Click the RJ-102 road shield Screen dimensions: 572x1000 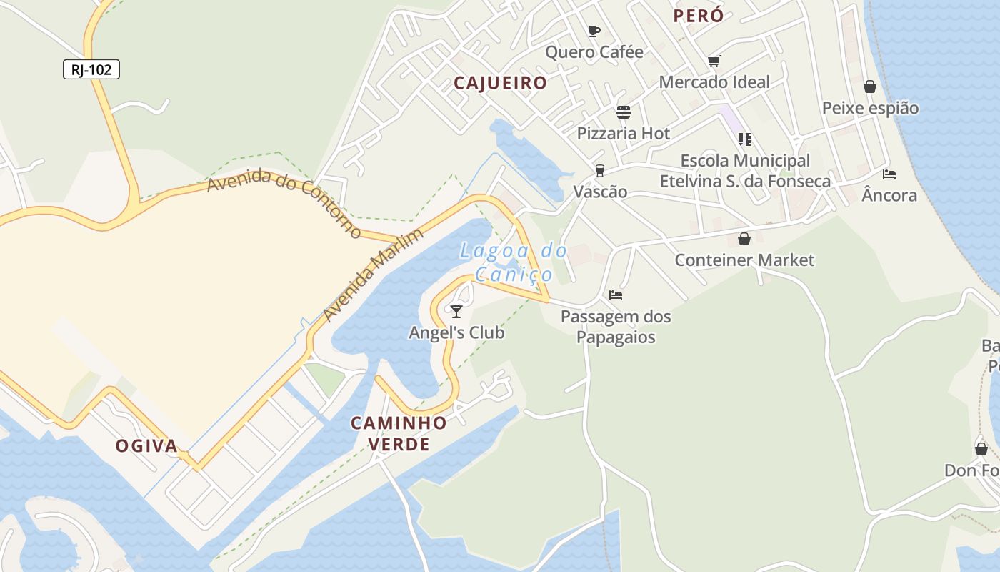91,69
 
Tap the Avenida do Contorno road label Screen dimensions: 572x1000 284,202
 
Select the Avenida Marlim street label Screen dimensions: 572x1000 373,275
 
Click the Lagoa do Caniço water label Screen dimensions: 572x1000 514,262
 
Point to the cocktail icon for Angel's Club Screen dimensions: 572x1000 456,311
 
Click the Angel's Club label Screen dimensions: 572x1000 456,332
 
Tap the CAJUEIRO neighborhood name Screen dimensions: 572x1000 500,83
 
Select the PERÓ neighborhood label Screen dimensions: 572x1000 698,16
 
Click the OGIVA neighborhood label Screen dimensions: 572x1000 146,445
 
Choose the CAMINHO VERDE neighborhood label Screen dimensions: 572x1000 399,433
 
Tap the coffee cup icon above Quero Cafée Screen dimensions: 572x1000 594,31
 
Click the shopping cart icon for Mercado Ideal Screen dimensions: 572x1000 714,61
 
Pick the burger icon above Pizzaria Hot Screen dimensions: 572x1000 624,112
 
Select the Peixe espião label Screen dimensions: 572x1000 870,108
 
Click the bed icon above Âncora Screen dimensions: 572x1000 889,174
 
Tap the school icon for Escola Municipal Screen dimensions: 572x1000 744,139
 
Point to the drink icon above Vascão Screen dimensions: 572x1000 600,170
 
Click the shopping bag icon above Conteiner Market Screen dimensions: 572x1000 744,239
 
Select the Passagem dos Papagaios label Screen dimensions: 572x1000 616,326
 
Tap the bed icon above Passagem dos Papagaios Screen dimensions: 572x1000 616,295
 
